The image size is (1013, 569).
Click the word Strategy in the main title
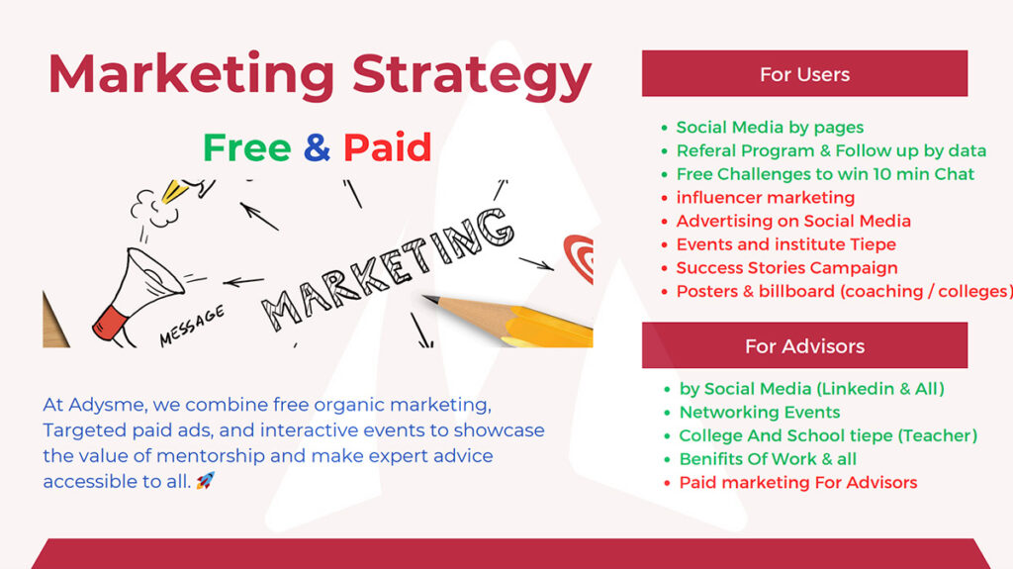point(472,76)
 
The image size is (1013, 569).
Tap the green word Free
point(246,147)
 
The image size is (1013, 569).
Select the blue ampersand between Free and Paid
point(317,147)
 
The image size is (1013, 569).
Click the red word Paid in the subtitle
point(387,147)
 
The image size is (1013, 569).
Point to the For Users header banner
point(804,73)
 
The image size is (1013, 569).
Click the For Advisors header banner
point(804,345)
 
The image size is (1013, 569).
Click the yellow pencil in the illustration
point(507,320)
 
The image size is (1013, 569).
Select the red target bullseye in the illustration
point(579,258)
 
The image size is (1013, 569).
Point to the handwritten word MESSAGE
point(192,326)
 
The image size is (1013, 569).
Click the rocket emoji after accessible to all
point(206,480)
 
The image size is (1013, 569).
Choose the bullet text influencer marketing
point(765,197)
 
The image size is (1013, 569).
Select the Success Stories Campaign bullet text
point(786,268)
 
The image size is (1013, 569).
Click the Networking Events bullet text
point(760,412)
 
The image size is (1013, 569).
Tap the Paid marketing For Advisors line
point(798,482)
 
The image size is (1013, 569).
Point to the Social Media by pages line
point(770,128)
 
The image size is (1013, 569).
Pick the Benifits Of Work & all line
point(768,459)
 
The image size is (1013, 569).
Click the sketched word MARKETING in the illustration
point(388,268)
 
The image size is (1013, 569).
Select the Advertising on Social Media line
point(793,221)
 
